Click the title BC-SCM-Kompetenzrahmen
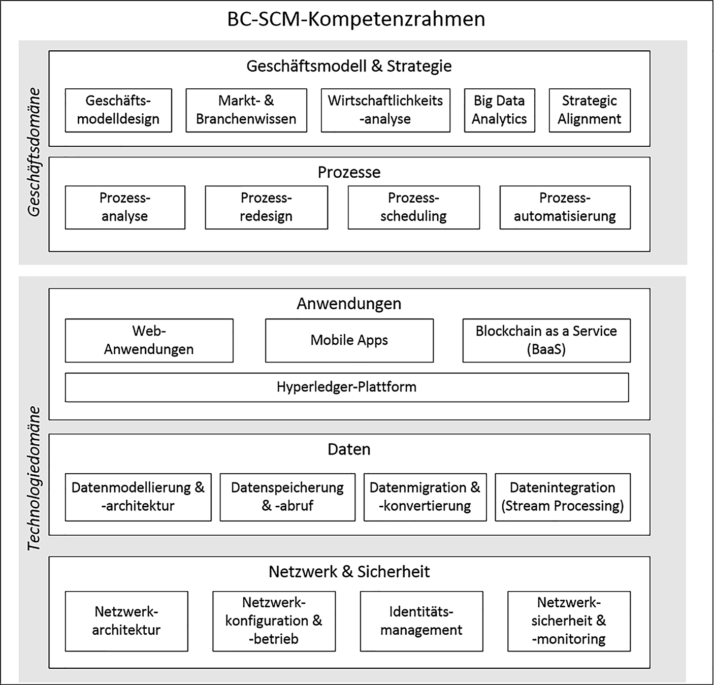tap(356, 19)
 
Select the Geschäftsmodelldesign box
tap(118, 110)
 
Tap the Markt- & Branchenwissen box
tap(246, 110)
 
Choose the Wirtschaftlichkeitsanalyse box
tap(385, 110)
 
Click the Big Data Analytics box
tap(499, 110)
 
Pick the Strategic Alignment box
tap(590, 110)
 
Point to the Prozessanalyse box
tap(125, 207)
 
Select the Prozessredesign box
tap(266, 207)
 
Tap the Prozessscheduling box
tap(413, 207)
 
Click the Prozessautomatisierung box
tap(565, 207)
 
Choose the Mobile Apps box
tap(349, 340)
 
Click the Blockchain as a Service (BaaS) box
tap(546, 340)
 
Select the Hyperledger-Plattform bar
tap(347, 387)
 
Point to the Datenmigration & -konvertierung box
tap(425, 497)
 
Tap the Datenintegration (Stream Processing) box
tap(563, 497)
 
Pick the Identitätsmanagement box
tap(421, 621)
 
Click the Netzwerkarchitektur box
tap(126, 621)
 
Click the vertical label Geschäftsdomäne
tap(34, 152)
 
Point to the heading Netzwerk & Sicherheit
tap(349, 572)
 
